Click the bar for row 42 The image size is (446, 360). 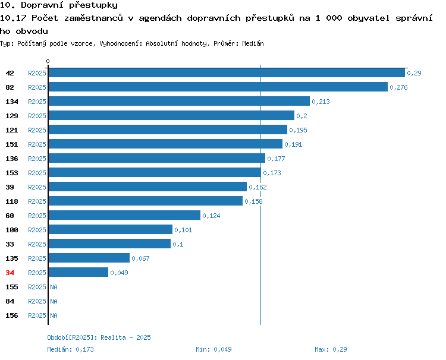227,72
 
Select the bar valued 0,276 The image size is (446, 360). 218,87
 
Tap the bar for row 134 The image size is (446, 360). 179,101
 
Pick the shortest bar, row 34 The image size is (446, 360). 78,272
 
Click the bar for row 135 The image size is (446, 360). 89,258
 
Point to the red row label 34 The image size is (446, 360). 10,273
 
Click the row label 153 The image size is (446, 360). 12,173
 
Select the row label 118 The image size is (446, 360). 12,201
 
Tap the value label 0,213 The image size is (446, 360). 321,102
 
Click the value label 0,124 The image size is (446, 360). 211,216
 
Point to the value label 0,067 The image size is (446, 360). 140,258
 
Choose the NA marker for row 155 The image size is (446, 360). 54,287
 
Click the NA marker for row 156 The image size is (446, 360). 54,315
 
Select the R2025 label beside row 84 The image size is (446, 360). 37,301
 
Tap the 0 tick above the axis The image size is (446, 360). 48,61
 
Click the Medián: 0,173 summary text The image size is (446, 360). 71,349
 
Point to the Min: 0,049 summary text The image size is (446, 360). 213,349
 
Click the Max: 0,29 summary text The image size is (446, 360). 331,349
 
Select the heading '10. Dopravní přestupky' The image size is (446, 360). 59,5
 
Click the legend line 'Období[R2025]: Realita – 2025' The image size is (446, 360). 99,337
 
